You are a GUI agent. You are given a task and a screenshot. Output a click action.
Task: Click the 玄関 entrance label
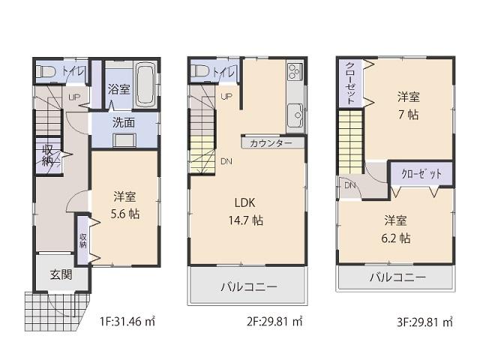click(61, 274)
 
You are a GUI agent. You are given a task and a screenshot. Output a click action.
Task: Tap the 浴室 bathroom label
click(118, 88)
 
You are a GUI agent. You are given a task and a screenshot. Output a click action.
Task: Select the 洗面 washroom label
click(124, 121)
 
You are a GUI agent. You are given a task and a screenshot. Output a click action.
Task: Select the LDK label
click(247, 202)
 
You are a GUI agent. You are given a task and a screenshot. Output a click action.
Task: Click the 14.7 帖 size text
click(247, 220)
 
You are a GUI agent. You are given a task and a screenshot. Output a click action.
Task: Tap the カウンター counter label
click(272, 141)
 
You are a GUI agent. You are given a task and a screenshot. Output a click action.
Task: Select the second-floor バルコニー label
click(248, 286)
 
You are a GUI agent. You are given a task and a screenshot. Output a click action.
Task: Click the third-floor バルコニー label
click(397, 277)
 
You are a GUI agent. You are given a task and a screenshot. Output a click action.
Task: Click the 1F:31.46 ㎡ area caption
click(127, 323)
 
